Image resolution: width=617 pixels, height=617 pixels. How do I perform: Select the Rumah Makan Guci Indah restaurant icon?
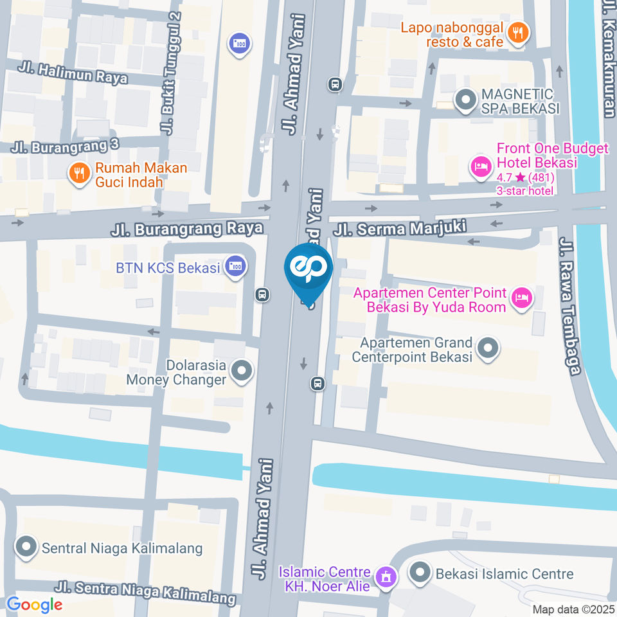(x=78, y=174)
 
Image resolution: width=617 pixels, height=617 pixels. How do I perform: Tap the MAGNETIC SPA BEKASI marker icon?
(x=463, y=100)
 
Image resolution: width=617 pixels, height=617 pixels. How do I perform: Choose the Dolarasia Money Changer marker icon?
(x=242, y=371)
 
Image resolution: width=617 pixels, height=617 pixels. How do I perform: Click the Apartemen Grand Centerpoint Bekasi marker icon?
(x=488, y=349)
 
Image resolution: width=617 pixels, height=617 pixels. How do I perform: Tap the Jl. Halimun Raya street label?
(x=73, y=74)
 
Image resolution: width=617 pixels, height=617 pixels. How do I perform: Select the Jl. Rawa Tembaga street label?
(x=569, y=305)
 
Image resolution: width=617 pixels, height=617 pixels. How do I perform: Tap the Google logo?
(x=34, y=604)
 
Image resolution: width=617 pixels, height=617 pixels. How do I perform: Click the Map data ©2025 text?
(x=573, y=609)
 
